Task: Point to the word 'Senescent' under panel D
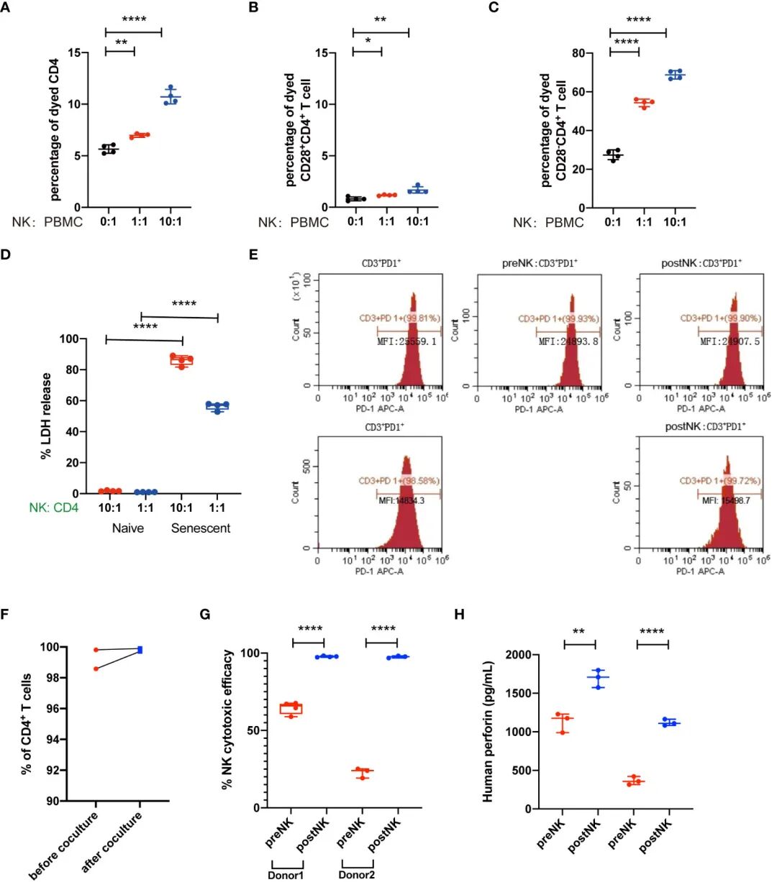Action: (200, 528)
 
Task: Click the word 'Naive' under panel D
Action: (127, 528)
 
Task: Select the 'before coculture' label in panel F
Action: (65, 845)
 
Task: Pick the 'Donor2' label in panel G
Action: (357, 875)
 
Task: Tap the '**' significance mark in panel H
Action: (579, 632)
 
